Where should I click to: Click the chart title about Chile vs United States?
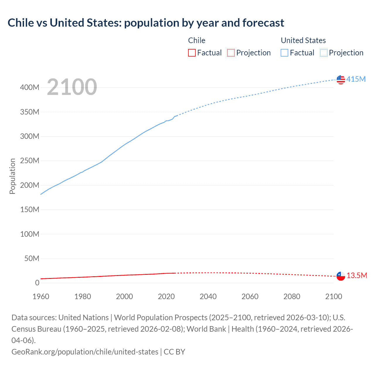point(146,23)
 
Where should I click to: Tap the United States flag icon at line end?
point(341,79)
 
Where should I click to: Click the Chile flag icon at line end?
point(341,276)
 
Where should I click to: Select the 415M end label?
point(356,79)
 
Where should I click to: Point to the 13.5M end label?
point(357,276)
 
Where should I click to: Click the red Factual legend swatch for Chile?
point(192,53)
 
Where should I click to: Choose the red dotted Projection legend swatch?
point(231,53)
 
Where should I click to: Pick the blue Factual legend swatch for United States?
point(284,53)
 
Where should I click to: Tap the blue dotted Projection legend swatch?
point(324,53)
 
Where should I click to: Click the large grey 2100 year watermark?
point(72,87)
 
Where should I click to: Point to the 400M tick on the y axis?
point(30,88)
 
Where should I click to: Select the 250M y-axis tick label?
point(30,161)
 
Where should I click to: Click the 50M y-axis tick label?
point(32,258)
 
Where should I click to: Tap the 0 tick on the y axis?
point(37,283)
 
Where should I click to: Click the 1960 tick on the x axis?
point(41,296)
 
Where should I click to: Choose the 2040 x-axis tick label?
point(208,296)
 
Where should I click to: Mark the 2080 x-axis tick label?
point(292,296)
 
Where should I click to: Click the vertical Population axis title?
point(12,176)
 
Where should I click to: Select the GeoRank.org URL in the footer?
point(85,352)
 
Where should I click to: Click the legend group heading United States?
point(303,40)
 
